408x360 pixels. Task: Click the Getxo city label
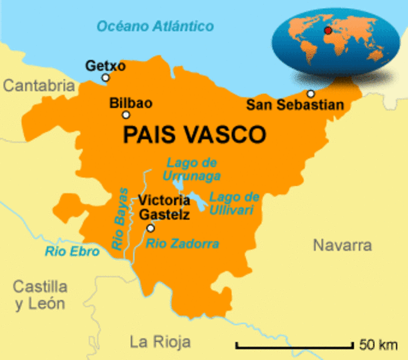click(x=105, y=64)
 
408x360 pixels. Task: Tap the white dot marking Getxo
click(x=106, y=77)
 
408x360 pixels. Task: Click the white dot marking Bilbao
click(x=126, y=115)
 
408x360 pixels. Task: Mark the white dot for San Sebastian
click(x=310, y=94)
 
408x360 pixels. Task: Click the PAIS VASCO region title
click(x=193, y=135)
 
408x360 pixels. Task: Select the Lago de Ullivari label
click(x=234, y=202)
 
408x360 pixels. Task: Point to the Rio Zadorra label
click(x=182, y=244)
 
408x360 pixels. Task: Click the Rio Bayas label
click(x=121, y=218)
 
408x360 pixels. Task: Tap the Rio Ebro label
click(x=72, y=252)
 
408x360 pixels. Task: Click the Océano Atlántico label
click(x=155, y=26)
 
